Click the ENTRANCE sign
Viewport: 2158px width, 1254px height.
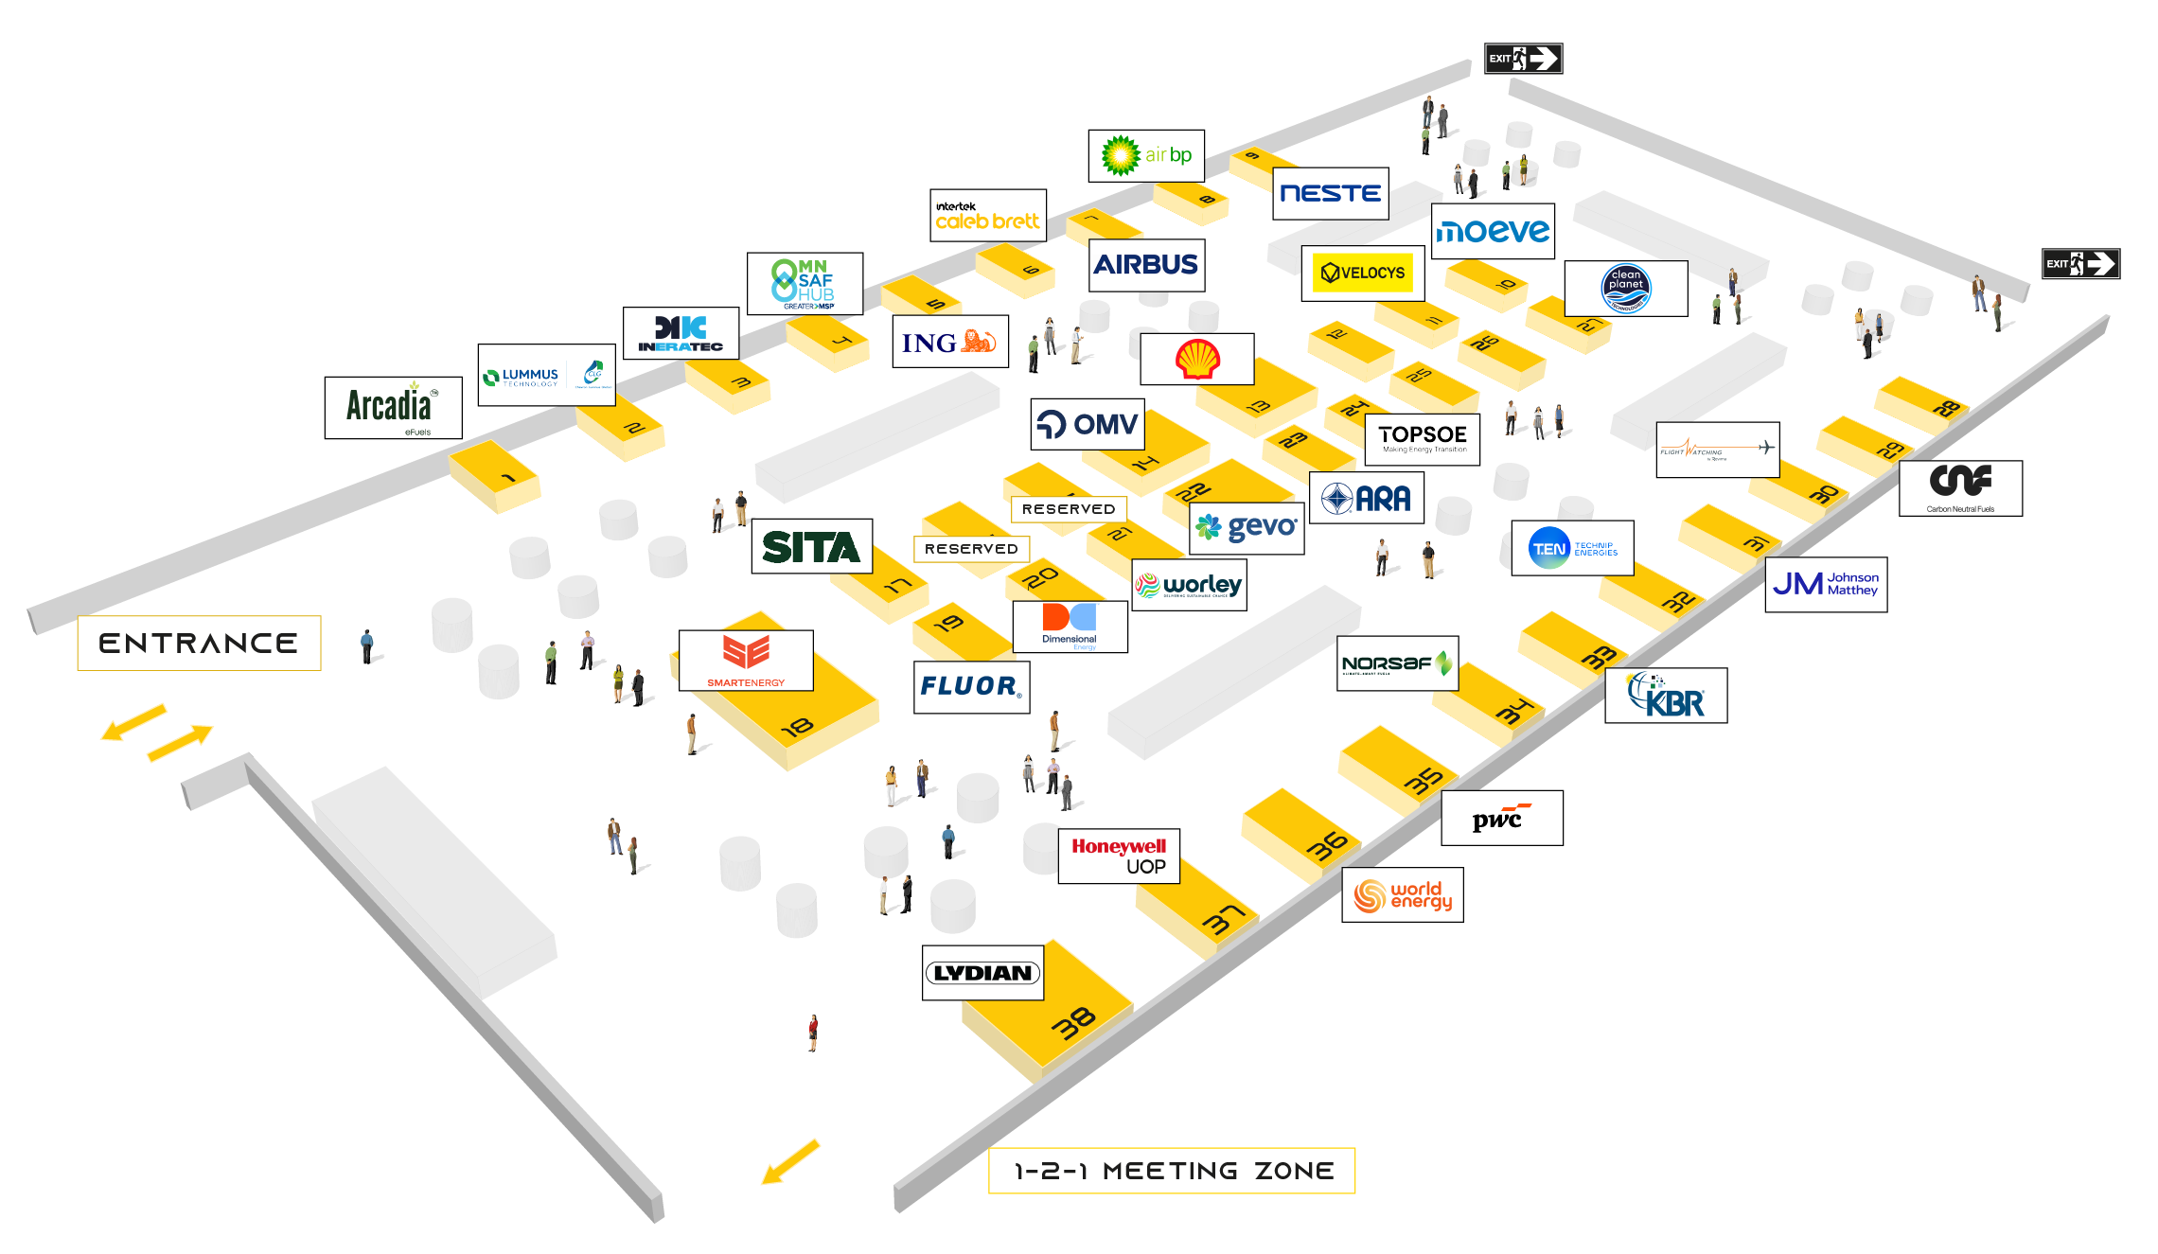(199, 644)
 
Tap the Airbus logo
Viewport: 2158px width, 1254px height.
(1145, 265)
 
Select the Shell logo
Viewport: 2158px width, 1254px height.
(1197, 359)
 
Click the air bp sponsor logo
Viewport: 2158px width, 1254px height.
(1146, 155)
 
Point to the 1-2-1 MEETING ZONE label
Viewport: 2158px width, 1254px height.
(1173, 1171)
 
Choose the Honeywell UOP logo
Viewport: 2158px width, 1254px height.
(1119, 856)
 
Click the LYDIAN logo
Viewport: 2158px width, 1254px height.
(982, 973)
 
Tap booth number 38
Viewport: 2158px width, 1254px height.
(1073, 1023)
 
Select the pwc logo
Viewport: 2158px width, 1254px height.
(1500, 819)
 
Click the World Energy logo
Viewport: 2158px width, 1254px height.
(1403, 894)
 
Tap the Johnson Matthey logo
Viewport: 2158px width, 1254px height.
(1825, 584)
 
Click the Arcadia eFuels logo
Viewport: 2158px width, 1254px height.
(393, 408)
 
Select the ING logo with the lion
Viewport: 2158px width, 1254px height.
(949, 342)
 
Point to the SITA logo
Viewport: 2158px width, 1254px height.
(811, 546)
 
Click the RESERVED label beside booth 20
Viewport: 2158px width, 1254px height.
(971, 549)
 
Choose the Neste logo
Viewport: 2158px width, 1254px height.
(1330, 194)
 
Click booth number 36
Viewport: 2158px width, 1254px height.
(1327, 845)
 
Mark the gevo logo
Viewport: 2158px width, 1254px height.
(1247, 527)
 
